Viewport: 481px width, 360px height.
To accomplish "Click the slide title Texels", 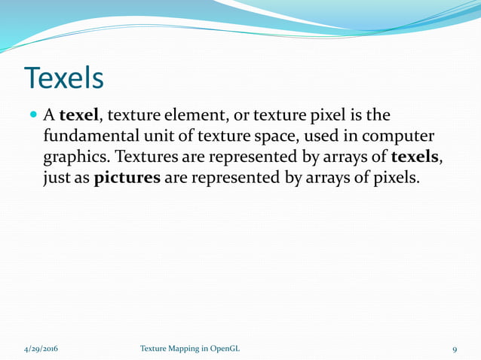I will [63, 77].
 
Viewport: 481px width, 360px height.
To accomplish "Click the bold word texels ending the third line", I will [414, 158].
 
